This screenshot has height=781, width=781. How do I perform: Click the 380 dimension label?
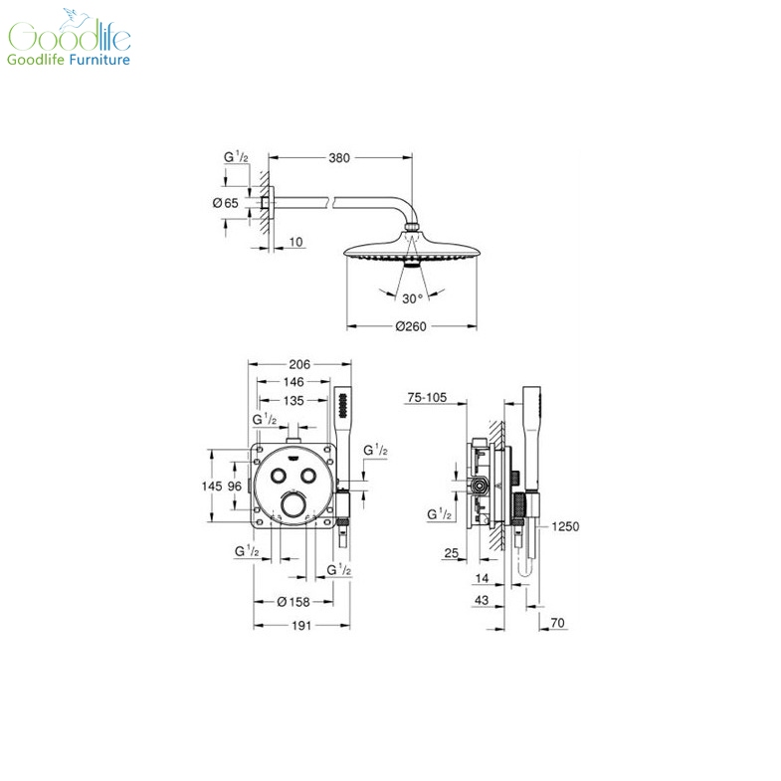pos(339,158)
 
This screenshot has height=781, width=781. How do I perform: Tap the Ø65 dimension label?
pos(226,203)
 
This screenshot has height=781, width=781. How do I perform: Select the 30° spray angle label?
pos(413,298)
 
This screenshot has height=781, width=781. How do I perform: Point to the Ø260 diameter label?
pos(411,326)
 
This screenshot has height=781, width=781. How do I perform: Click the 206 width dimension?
pos(299,364)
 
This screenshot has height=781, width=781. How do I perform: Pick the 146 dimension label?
pos(293,382)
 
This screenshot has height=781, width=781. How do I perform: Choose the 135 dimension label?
pos(293,401)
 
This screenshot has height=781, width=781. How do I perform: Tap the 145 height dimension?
pos(212,487)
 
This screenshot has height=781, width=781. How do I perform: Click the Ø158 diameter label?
pos(293,602)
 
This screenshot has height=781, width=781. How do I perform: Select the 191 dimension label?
pos(301,626)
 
